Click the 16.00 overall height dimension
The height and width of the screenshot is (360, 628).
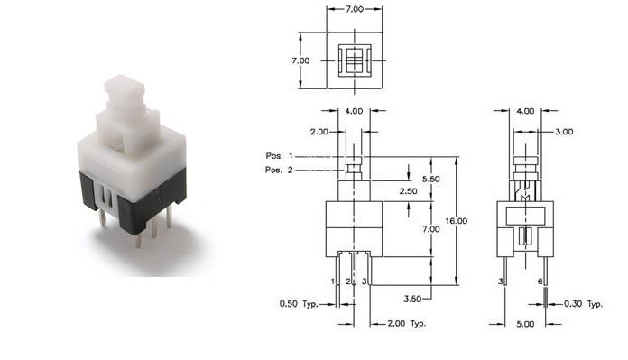coord(457,221)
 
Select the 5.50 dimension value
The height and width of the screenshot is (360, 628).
coord(431,179)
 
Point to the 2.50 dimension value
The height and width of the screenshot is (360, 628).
coord(408,191)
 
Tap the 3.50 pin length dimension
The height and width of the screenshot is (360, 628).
coord(412,299)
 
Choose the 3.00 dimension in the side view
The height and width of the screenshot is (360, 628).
coord(564,132)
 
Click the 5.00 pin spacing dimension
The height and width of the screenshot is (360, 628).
coord(525,324)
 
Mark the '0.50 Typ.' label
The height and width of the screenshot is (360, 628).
coord(299,304)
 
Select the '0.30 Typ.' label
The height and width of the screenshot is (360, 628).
coord(583,304)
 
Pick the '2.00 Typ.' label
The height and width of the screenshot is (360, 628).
coord(407,324)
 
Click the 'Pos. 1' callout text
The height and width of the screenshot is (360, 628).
coord(279,156)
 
